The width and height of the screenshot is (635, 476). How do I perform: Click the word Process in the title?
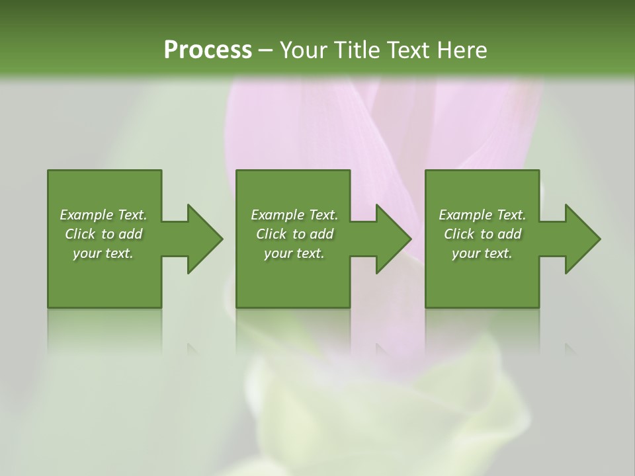click(x=208, y=50)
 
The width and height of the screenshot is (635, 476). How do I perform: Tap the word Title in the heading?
click(x=356, y=50)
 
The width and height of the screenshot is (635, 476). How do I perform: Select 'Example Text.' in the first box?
click(x=103, y=215)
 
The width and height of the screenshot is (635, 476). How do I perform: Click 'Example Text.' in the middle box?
click(x=294, y=215)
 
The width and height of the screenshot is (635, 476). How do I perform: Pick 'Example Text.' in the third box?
click(x=482, y=215)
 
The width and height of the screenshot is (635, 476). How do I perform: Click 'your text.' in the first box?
click(x=103, y=253)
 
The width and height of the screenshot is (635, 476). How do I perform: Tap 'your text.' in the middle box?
click(x=294, y=253)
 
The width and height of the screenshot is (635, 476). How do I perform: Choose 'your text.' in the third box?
click(x=482, y=253)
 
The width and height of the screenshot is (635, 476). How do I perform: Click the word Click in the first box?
click(x=80, y=234)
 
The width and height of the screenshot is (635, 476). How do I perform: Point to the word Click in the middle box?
click(x=271, y=234)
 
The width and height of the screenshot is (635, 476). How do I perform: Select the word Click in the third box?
click(x=459, y=234)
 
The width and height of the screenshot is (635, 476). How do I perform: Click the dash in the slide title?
click(x=266, y=50)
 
